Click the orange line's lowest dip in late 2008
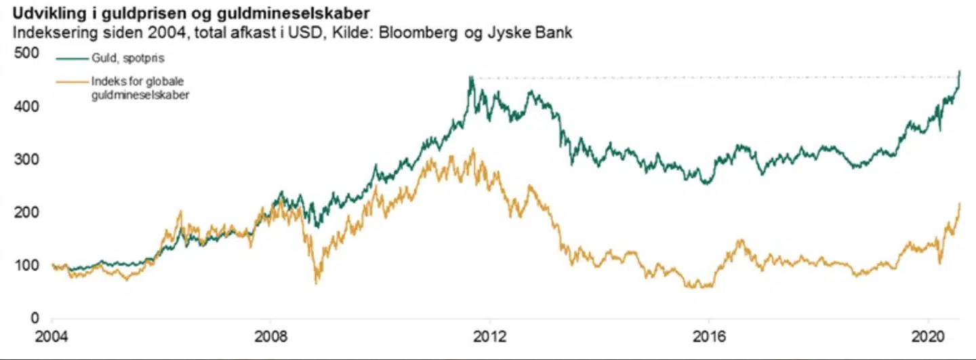(317, 282)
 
